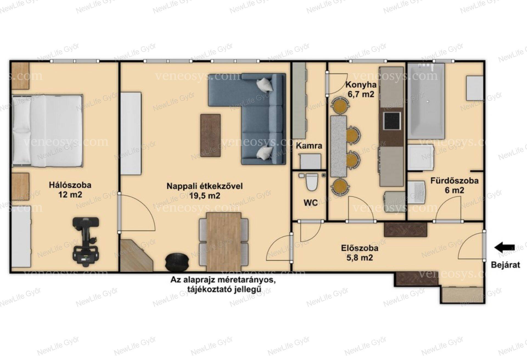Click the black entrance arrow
[x=504, y=247]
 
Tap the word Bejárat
[x=505, y=265]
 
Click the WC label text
[x=310, y=203]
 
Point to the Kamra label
[x=309, y=146]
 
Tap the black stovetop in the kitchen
[x=392, y=121]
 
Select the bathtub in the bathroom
[x=426, y=101]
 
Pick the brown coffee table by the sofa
[x=211, y=135]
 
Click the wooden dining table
[x=224, y=242]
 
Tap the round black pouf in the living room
[x=177, y=261]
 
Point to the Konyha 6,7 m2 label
[x=361, y=90]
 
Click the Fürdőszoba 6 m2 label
[x=454, y=185]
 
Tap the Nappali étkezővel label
[x=205, y=186]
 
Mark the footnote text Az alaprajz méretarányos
[x=223, y=280]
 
